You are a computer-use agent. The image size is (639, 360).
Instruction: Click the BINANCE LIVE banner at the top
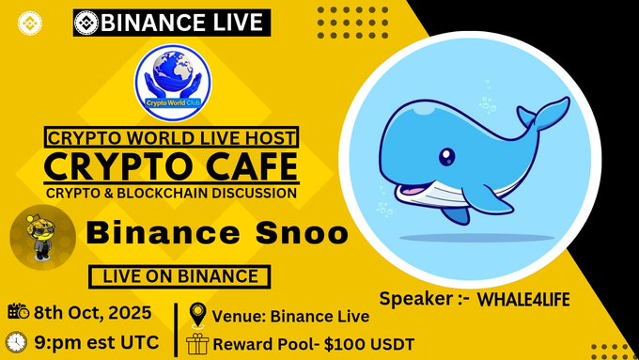[x=171, y=21]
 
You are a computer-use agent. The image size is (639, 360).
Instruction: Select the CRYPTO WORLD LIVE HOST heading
[x=171, y=137]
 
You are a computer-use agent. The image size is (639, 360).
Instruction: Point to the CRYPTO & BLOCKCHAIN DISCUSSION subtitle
[x=170, y=193]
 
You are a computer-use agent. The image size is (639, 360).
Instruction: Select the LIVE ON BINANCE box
[x=179, y=276]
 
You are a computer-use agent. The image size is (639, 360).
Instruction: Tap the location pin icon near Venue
[x=197, y=313]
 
